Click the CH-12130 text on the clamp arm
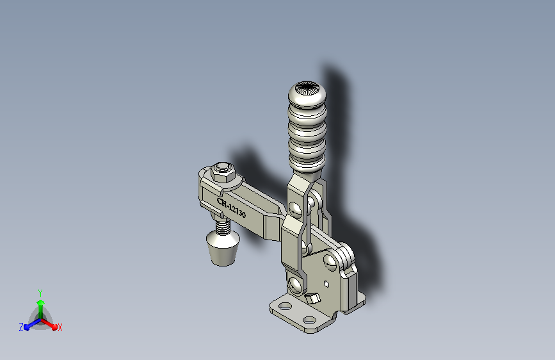(x=231, y=208)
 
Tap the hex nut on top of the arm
(x=223, y=172)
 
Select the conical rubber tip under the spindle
(x=223, y=248)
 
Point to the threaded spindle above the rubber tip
(x=223, y=225)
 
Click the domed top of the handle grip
(x=307, y=93)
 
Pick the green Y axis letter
(x=40, y=293)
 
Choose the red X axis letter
(x=60, y=328)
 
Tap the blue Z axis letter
(x=21, y=327)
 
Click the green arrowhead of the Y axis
(x=41, y=303)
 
